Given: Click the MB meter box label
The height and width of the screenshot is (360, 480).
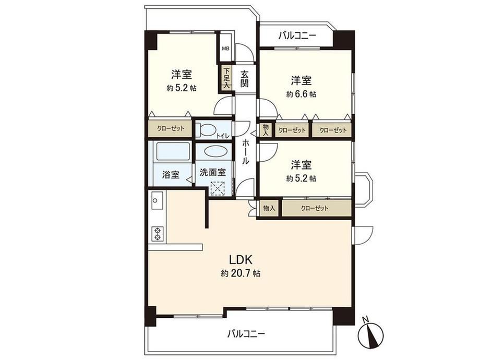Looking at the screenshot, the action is coord(225,49).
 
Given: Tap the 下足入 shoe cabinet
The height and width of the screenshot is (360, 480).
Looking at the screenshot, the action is coord(226,78).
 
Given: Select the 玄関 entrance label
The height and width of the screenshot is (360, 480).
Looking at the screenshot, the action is coord(244,79).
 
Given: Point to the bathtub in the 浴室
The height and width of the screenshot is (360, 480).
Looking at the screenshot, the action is coord(173,151).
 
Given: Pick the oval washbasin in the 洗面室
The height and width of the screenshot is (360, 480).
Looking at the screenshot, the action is coord(214,152).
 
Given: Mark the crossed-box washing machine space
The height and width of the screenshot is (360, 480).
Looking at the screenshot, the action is coord(218,188).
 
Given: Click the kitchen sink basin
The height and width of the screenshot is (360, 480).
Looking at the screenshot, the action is coord(157,200).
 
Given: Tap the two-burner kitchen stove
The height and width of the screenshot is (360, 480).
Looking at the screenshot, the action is coord(158,234).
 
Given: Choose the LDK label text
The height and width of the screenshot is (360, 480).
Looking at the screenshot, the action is coord(241,260).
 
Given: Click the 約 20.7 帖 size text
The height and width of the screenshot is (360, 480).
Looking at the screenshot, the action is coord(241,273).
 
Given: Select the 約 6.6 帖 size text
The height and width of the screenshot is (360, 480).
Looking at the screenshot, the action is coord(302,94).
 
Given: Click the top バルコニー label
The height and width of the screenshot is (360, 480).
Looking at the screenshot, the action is coord(297,37).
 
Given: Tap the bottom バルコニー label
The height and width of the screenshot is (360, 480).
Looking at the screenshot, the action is coord(246,333).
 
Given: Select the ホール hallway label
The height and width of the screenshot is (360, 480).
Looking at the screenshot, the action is coord(246,152).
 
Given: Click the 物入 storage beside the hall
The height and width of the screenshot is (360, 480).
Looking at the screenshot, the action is coord(266,130).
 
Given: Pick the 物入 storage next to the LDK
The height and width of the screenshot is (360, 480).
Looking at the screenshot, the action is coord(269,209).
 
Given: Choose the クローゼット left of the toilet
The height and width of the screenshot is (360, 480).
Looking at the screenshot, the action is coord(171,129).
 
